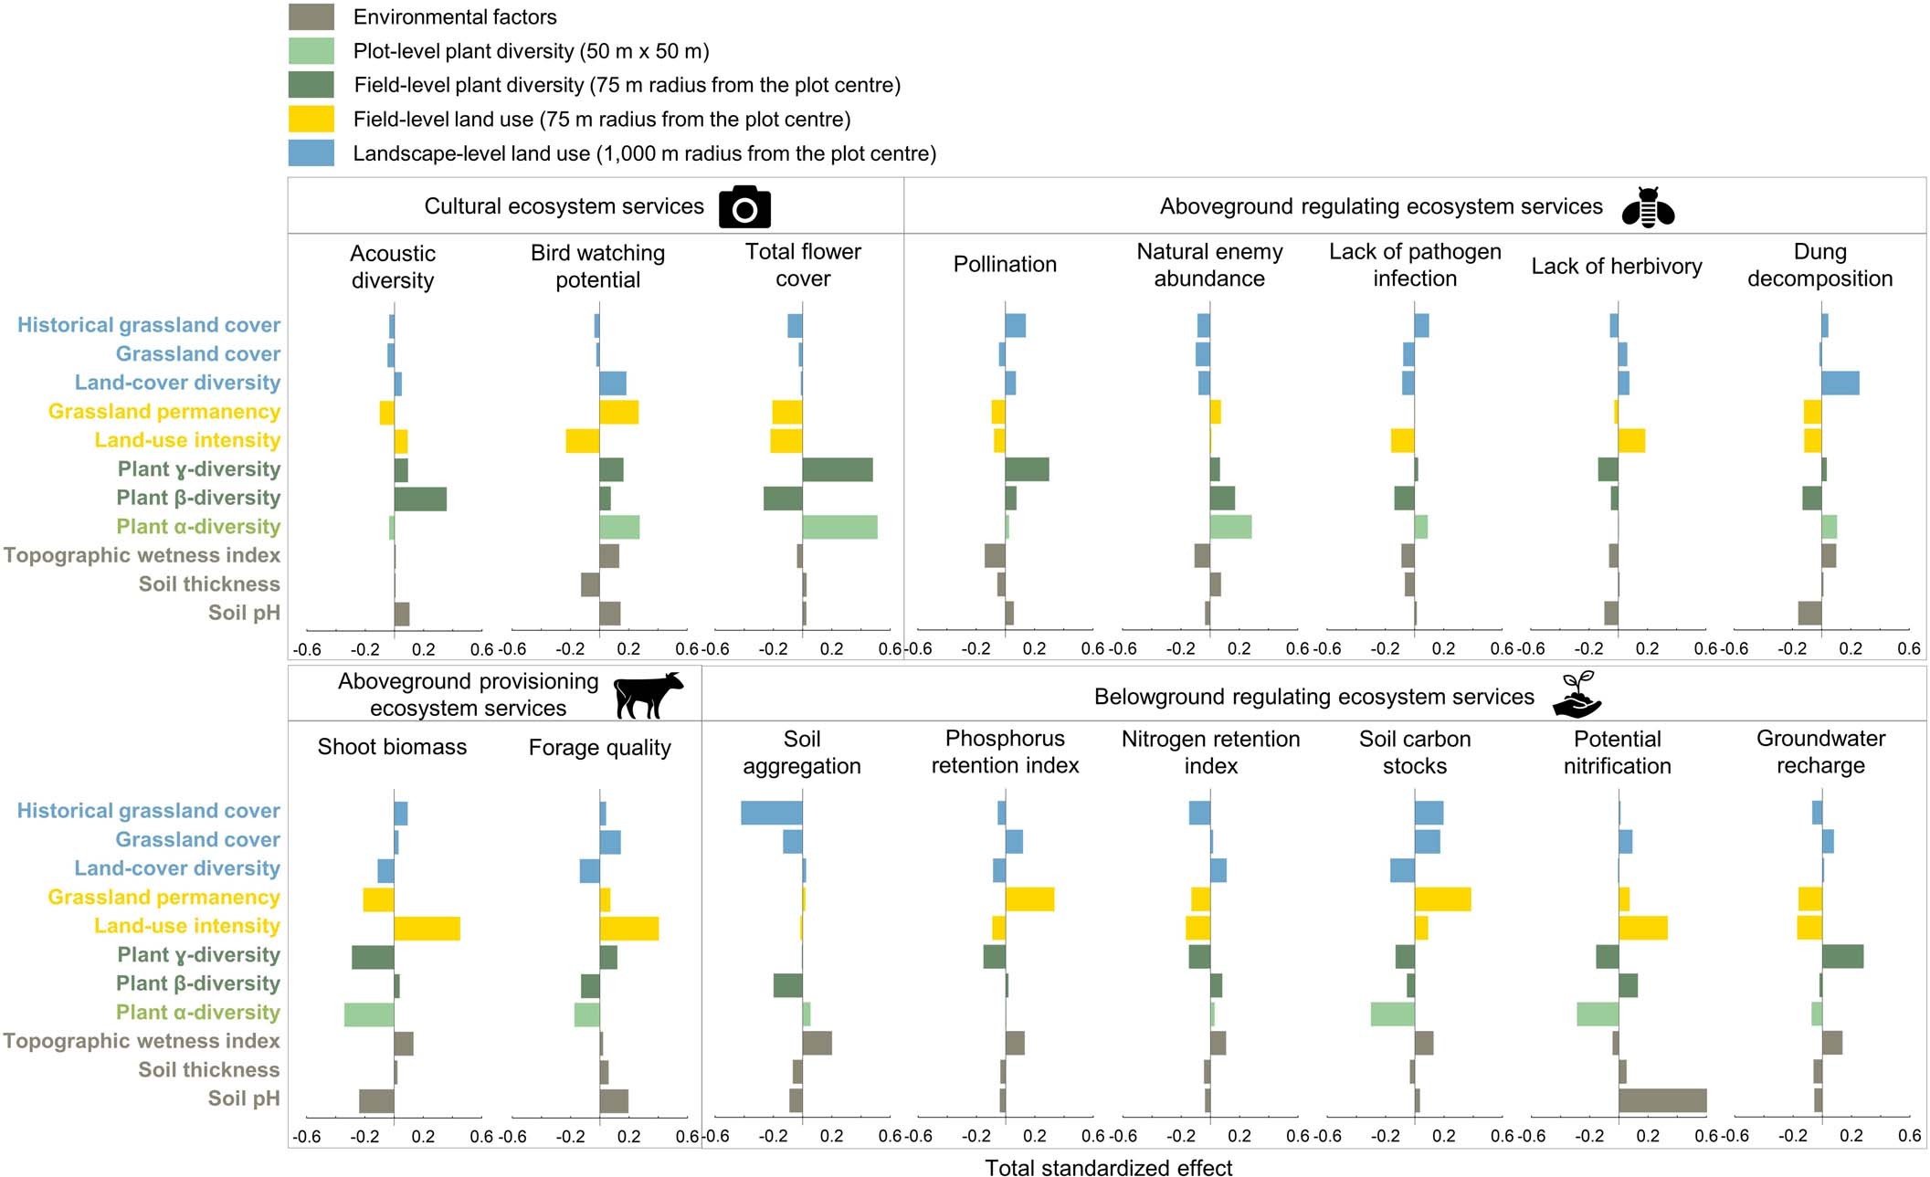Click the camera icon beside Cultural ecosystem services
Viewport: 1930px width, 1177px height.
pyautogui.click(x=744, y=207)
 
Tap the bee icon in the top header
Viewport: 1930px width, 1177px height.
pyautogui.click(x=1648, y=207)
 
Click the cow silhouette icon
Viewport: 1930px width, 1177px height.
pyautogui.click(x=648, y=695)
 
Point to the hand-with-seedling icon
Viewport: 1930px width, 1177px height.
pyautogui.click(x=1577, y=695)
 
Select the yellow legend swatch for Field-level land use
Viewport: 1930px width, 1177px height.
pyautogui.click(x=311, y=119)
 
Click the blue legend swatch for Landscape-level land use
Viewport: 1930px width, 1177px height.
pyautogui.click(x=311, y=152)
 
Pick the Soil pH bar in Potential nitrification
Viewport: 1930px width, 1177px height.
pyautogui.click(x=1661, y=1100)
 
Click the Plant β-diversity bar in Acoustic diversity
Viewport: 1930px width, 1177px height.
pyautogui.click(x=420, y=499)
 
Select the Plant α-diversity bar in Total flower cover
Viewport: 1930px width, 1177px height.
pyautogui.click(x=839, y=527)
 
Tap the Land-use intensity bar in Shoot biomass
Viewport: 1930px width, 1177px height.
pyautogui.click(x=427, y=928)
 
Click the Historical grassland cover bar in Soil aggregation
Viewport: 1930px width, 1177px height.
pyautogui.click(x=771, y=813)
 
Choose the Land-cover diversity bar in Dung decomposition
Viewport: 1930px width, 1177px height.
pyautogui.click(x=1840, y=383)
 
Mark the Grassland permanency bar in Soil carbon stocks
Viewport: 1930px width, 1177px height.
pyautogui.click(x=1442, y=899)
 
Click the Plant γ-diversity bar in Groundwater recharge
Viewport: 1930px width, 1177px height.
pyautogui.click(x=1842, y=956)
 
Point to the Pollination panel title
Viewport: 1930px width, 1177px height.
pyautogui.click(x=1005, y=265)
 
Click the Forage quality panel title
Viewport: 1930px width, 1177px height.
pyautogui.click(x=599, y=748)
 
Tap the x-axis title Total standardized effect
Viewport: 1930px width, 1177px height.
pyautogui.click(x=1108, y=1168)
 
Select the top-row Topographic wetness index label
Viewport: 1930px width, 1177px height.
pyautogui.click(x=142, y=555)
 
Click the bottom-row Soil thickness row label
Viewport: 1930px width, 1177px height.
pyautogui.click(x=208, y=1069)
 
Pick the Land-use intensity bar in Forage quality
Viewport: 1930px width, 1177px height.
pyautogui.click(x=628, y=928)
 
